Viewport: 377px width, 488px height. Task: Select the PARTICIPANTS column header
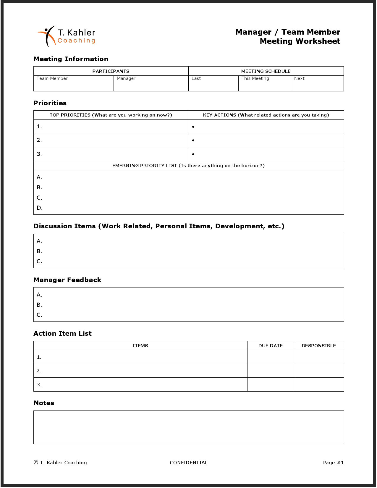(111, 71)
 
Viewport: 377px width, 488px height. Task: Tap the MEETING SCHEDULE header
(266, 71)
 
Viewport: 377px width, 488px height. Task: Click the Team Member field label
(52, 78)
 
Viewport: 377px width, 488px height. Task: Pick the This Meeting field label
(255, 78)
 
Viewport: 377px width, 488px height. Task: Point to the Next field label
(299, 78)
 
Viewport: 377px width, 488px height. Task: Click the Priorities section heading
(50, 103)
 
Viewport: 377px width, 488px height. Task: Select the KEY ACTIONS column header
(266, 115)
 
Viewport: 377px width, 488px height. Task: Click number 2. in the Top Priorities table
(39, 140)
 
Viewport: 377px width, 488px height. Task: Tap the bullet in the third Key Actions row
(193, 154)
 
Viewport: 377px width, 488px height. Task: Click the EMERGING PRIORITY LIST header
(188, 166)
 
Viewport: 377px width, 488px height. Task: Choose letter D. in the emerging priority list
(40, 208)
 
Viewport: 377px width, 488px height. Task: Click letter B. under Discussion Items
(39, 251)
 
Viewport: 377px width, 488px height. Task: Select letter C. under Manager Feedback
(39, 315)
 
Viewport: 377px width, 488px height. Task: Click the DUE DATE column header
(270, 346)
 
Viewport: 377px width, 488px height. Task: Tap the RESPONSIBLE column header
(318, 346)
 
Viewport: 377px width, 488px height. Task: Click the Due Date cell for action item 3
(270, 384)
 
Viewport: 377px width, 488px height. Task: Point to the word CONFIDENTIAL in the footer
(188, 463)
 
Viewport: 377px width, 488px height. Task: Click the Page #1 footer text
(333, 463)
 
